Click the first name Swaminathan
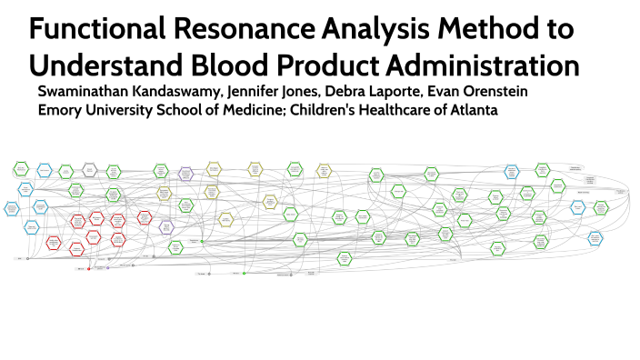pyautogui.click(x=81, y=93)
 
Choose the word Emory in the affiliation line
pyautogui.click(x=58, y=110)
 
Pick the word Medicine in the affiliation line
pyautogui.click(x=235, y=110)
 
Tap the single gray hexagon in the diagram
pyautogui.click(x=89, y=169)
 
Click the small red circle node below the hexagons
pyautogui.click(x=88, y=270)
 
